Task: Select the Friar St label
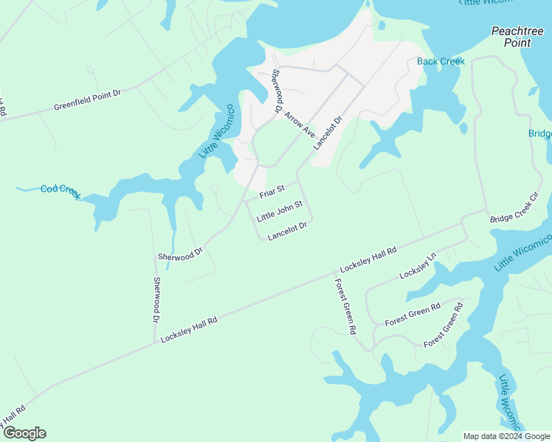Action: pos(271,192)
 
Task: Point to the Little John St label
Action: pos(280,211)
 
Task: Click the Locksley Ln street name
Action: pos(418,265)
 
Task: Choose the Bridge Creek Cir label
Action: pos(515,209)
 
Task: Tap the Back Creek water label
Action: pos(441,61)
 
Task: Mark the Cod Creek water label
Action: pos(61,190)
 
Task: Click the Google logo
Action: pos(24,433)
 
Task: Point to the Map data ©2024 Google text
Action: pos(506,436)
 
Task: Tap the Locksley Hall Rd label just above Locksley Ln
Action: pos(368,261)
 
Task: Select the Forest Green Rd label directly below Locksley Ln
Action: pos(413,315)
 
